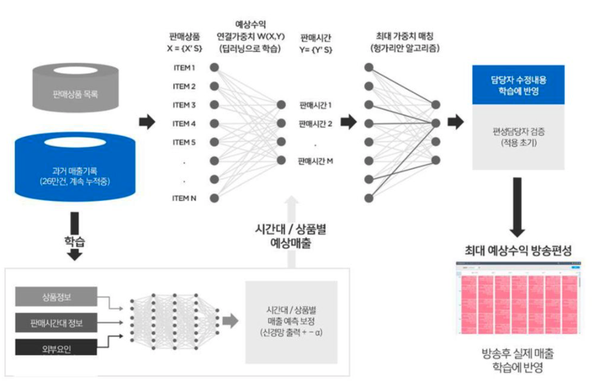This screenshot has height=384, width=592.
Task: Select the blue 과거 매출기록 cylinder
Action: (x=76, y=170)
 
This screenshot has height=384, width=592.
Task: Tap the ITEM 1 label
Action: (x=184, y=68)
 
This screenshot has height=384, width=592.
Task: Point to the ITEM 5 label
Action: (x=184, y=142)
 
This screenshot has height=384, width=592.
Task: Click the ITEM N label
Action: (x=184, y=198)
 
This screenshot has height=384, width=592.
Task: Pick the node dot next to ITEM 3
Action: (x=214, y=105)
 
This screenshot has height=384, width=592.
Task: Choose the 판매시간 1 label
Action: (x=315, y=106)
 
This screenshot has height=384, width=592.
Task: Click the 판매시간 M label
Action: (x=315, y=161)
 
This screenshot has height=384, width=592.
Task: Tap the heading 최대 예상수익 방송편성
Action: (x=519, y=251)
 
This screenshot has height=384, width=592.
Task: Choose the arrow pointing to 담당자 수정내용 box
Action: (x=455, y=122)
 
